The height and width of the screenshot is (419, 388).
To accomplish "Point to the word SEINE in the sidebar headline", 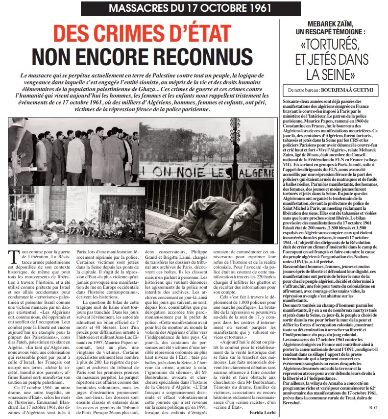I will pyautogui.click(x=344, y=74).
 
